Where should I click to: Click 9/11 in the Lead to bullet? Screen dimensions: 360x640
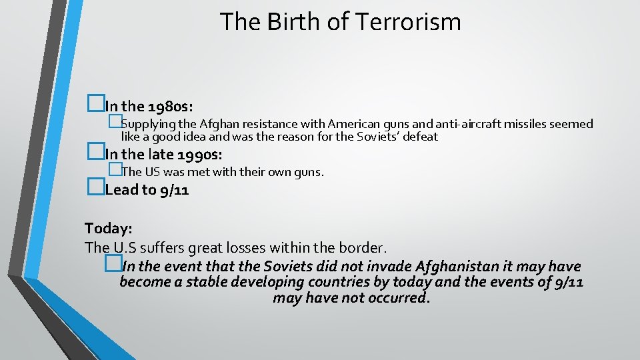click(x=175, y=190)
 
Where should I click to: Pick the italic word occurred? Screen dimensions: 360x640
click(x=398, y=297)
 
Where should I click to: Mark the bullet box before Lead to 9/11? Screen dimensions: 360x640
click(x=96, y=189)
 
